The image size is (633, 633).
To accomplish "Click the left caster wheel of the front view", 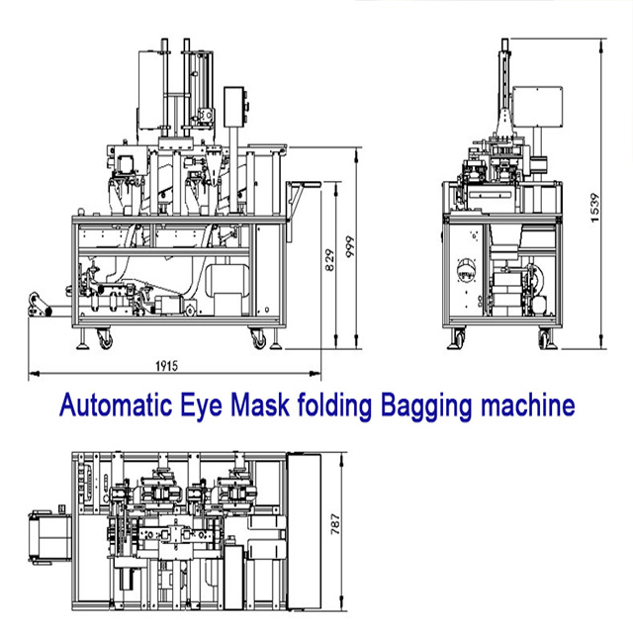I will (x=102, y=339).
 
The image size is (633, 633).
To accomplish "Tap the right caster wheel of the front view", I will (x=261, y=339).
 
